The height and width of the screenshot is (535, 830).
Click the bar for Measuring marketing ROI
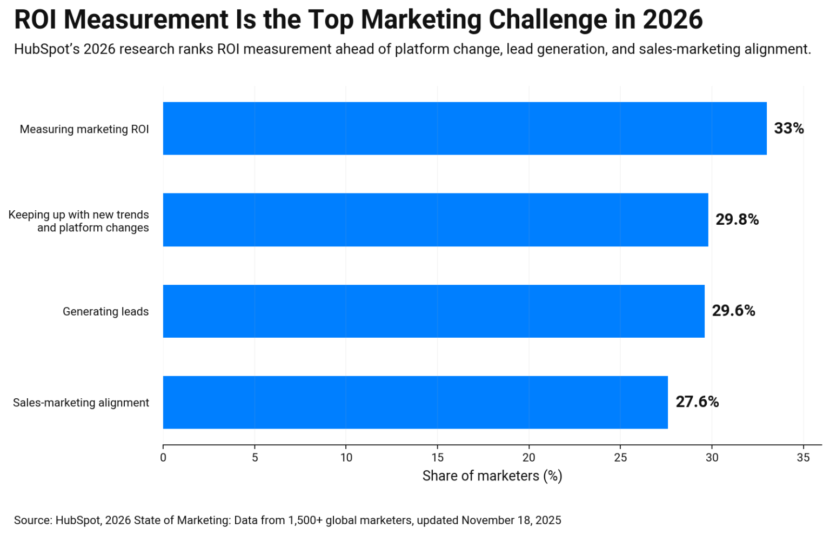pyautogui.click(x=465, y=129)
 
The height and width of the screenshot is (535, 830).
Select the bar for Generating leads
pyautogui.click(x=433, y=311)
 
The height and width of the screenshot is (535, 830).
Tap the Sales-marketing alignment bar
pyautogui.click(x=415, y=403)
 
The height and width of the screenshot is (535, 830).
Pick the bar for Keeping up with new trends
pyautogui.click(x=436, y=220)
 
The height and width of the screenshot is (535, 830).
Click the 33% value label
pyautogui.click(x=788, y=129)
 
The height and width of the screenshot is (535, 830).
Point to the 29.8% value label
pyautogui.click(x=737, y=220)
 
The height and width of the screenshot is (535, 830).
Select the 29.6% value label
pyautogui.click(x=733, y=311)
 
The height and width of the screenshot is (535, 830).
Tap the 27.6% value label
pyautogui.click(x=697, y=403)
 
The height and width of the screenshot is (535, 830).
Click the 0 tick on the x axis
pyautogui.click(x=163, y=458)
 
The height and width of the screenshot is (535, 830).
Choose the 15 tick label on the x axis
pyautogui.click(x=438, y=458)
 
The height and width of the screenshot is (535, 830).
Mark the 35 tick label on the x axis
pyautogui.click(x=804, y=458)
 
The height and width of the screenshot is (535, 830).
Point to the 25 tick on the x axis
pyautogui.click(x=620, y=458)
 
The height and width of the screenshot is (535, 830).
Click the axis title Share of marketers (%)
pyautogui.click(x=492, y=476)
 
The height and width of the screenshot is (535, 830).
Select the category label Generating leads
pyautogui.click(x=105, y=312)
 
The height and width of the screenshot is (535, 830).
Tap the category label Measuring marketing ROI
pyautogui.click(x=84, y=129)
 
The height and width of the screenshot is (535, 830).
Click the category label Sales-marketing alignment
pyautogui.click(x=81, y=403)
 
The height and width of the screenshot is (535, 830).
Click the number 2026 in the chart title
pyautogui.click(x=672, y=20)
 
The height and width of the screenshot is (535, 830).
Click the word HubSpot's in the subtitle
pyautogui.click(x=46, y=50)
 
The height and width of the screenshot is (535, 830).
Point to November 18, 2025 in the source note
pyautogui.click(x=511, y=520)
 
